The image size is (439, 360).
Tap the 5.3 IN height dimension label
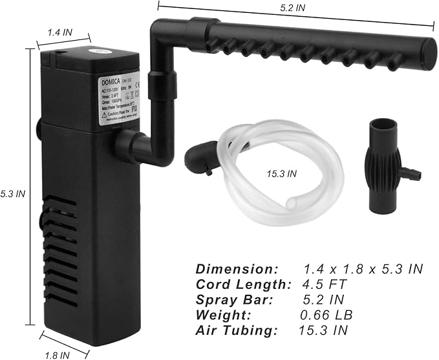[x=12, y=193]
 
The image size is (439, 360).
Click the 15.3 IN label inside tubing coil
[x=282, y=173]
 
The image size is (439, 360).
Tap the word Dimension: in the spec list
[x=237, y=269]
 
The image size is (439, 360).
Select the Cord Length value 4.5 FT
[x=325, y=284]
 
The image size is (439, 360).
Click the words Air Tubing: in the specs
[x=237, y=331]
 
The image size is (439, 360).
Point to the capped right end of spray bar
[x=427, y=51]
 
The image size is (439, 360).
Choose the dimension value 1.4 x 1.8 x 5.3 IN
[x=363, y=269]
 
